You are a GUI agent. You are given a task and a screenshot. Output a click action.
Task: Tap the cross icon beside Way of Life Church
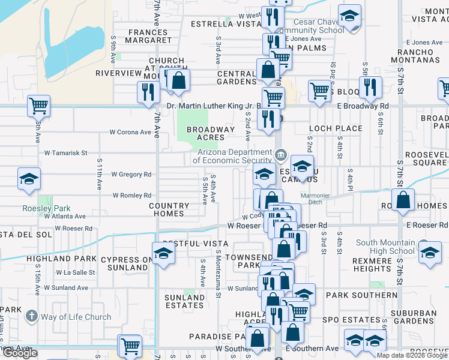31,316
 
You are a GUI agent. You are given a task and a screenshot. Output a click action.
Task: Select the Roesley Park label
46,208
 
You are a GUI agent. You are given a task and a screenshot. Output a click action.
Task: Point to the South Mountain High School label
385,247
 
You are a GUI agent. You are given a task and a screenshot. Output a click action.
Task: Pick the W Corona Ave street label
130,132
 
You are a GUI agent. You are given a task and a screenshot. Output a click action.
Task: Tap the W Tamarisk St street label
66,153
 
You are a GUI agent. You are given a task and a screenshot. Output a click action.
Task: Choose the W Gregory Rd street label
131,175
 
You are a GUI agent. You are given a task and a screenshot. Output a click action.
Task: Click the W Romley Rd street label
131,196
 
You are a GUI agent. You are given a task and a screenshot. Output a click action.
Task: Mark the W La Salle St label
76,272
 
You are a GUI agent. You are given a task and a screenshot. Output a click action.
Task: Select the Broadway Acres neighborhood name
211,133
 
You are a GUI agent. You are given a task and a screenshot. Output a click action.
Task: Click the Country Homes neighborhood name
169,209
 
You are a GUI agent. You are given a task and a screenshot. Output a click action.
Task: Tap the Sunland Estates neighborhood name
184,301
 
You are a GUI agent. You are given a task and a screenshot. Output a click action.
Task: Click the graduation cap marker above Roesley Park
28,179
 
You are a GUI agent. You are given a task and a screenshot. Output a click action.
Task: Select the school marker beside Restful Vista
163,253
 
